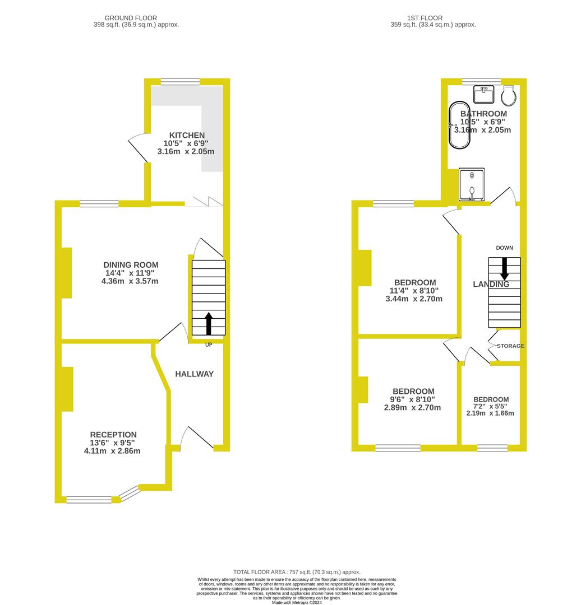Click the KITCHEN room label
(x=187, y=136)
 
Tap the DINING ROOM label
(x=131, y=265)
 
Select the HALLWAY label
(x=194, y=374)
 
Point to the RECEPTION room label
(x=113, y=435)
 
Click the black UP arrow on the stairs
(x=209, y=324)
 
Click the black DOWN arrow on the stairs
(x=504, y=268)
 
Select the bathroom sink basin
(x=483, y=95)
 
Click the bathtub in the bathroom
(x=459, y=125)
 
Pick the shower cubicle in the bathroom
(x=472, y=184)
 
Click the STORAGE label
(x=510, y=346)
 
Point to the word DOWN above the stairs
(x=505, y=248)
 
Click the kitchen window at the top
(x=180, y=82)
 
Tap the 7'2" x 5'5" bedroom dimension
(x=490, y=406)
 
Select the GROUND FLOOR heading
(x=131, y=18)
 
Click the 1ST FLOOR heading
(x=425, y=18)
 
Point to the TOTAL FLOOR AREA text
(x=297, y=572)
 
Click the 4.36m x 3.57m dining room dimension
(x=130, y=281)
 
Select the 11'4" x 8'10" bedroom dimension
(x=414, y=291)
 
